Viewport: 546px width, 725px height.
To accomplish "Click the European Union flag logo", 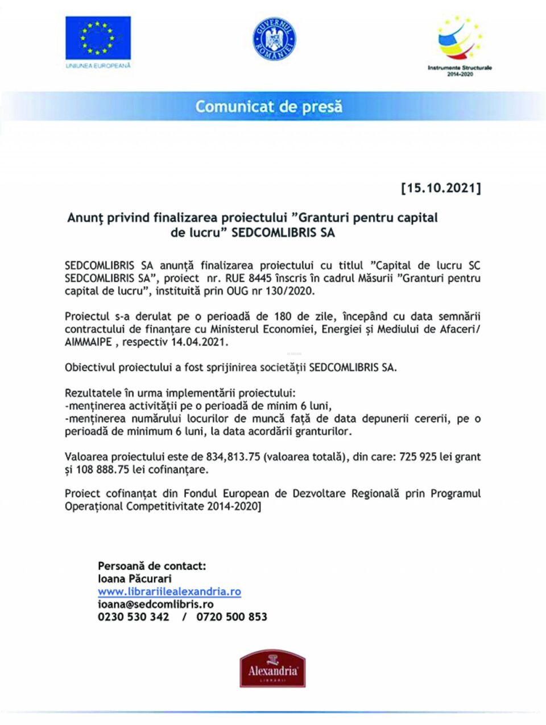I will pos(98,39).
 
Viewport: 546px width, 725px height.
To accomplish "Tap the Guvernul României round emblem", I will pos(274,39).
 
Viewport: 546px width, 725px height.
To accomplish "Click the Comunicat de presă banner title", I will pos(269,106).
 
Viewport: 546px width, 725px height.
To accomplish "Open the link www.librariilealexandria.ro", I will pos(169,591).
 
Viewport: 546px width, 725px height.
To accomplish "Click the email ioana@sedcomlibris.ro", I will pos(156,604).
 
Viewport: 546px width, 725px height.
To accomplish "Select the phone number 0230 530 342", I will pos(134,617).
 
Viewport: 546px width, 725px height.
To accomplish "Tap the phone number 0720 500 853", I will pos(232,617).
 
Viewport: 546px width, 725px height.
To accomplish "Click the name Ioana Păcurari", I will pos(135,578).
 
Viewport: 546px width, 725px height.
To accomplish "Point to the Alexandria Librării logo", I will pos(272,670).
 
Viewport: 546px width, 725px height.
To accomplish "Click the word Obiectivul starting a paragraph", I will pos(89,368).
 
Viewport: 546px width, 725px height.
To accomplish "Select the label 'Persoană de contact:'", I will pos(152,566).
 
